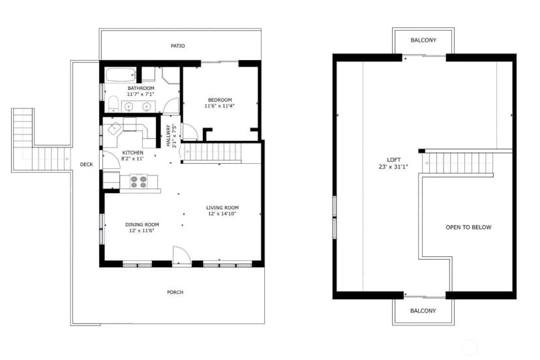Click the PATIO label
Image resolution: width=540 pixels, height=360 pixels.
click(177, 46)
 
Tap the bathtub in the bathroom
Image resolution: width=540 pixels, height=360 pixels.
click(121, 75)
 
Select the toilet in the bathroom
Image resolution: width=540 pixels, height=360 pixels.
click(113, 104)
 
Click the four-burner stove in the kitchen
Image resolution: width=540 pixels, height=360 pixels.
click(138, 182)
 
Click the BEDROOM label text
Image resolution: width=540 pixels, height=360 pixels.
click(220, 100)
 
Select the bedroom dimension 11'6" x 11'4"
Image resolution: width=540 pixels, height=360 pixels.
click(219, 106)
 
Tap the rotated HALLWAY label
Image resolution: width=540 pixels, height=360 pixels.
click(168, 136)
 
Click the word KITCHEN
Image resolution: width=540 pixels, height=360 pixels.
click(132, 153)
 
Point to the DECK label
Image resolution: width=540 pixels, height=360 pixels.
click(87, 164)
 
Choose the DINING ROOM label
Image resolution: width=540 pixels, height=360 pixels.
click(142, 224)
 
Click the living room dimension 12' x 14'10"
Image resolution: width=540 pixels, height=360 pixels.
click(222, 214)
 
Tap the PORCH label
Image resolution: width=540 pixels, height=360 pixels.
click(175, 292)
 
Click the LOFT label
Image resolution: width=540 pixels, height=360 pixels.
click(394, 160)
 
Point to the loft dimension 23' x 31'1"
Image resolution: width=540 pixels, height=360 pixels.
click(393, 167)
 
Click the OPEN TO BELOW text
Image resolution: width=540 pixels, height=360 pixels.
click(468, 228)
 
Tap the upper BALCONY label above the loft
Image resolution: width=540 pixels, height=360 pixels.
click(423, 40)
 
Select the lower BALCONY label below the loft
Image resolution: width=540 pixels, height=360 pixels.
click(423, 310)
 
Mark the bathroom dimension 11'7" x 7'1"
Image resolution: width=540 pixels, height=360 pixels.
click(140, 94)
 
